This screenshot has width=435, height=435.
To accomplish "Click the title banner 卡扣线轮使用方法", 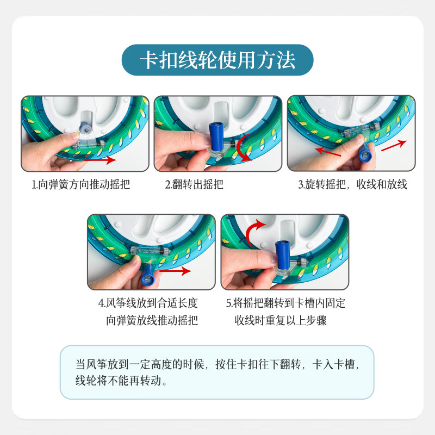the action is pos(217,60).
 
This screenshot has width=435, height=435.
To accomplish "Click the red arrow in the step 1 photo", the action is pos(100,160).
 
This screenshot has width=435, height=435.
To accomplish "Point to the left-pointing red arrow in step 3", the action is pos(328,152).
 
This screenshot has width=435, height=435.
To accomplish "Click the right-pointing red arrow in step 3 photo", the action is pos(394,145).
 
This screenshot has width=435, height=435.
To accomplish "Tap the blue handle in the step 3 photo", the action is pos(365,153).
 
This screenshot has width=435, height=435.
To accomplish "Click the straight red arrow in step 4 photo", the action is pos(175,270).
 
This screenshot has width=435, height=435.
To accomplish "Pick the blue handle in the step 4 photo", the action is pos(147,275).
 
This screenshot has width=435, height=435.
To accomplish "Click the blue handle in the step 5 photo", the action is pos(283,254).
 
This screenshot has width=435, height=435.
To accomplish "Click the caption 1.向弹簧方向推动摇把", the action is pos(80,184).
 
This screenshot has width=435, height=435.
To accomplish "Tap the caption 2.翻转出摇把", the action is pos(194,184).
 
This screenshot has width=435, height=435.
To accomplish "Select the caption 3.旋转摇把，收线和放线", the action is pos(352,184).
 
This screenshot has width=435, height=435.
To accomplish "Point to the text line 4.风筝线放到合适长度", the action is pos(148,303).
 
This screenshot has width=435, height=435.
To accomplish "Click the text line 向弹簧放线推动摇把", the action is pos(152,320).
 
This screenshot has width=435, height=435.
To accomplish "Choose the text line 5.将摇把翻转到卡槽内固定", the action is pos(285,303).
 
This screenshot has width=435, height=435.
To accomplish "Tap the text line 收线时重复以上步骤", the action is pos(281,320).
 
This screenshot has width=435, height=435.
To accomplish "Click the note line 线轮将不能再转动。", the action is pos(121,380).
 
